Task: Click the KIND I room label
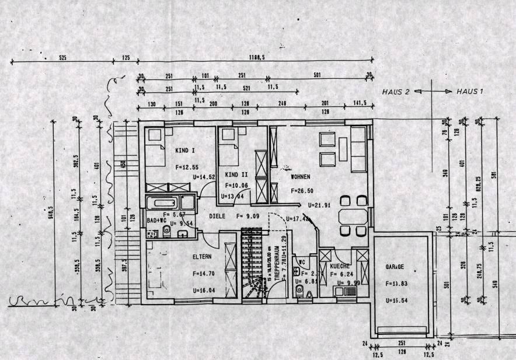[185, 150]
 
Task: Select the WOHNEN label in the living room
[300, 176]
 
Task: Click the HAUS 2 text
[396, 92]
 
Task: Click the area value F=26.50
[302, 190]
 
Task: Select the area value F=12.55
[187, 166]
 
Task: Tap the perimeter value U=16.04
[204, 289]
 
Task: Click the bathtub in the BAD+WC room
[162, 204]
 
